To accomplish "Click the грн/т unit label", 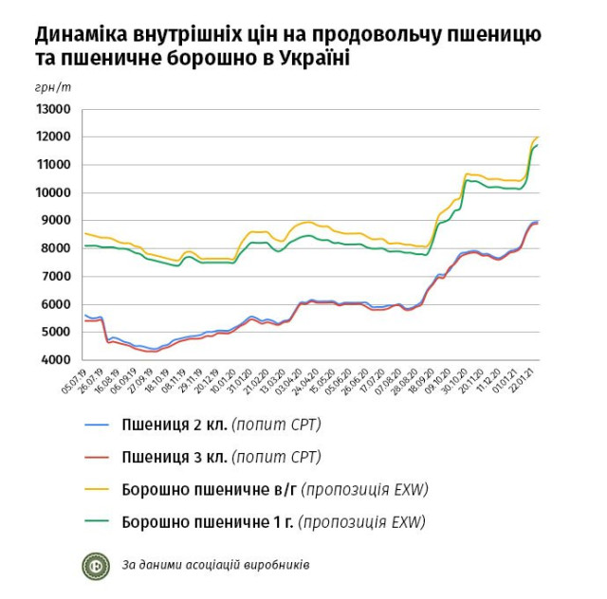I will [53, 86].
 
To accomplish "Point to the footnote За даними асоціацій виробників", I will [215, 566].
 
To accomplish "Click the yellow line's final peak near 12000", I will [538, 137].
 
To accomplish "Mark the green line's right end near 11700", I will [538, 145].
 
